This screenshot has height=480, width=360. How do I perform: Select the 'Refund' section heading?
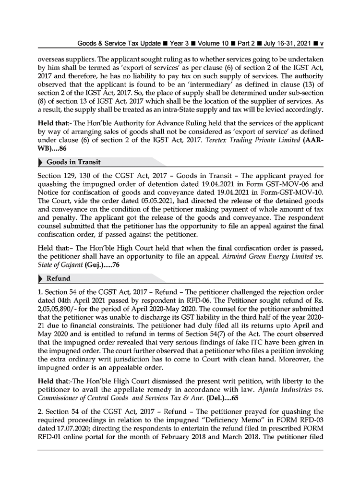pyautogui.click(x=59, y=278)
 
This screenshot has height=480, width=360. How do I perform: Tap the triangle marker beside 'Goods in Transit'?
pyautogui.click(x=40, y=162)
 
